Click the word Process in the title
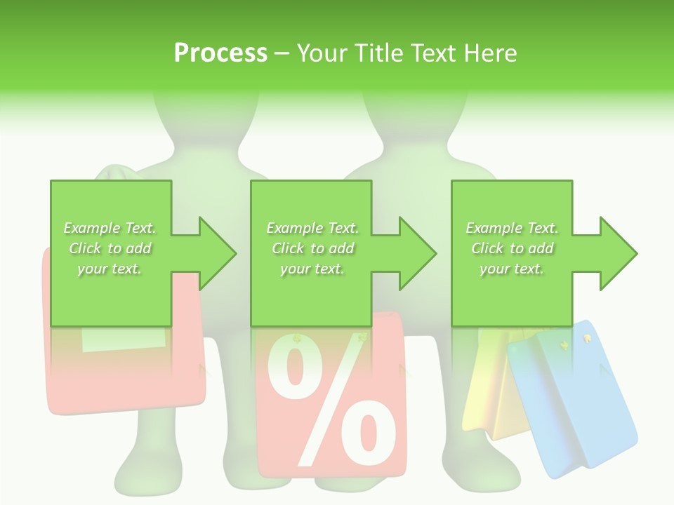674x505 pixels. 220,53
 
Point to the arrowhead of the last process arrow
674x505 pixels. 618,253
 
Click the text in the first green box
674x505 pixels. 110,248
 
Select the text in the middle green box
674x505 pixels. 312,248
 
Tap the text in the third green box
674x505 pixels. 512,248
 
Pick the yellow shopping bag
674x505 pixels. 491,393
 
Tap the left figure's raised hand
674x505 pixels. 116,173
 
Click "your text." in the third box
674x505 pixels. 512,269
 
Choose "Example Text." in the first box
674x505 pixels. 110,228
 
